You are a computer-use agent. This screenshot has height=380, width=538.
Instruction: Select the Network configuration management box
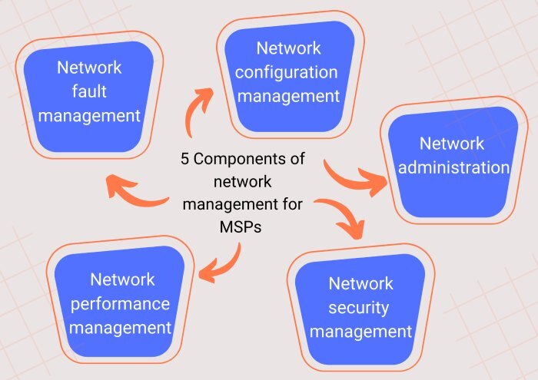[290, 75]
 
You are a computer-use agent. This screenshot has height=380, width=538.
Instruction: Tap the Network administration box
[453, 161]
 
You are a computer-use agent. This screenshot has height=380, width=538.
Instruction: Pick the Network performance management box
[120, 300]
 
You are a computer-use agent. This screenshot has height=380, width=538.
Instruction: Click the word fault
[89, 91]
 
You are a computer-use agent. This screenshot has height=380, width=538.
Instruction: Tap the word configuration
[287, 73]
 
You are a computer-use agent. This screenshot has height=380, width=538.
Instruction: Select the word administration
[453, 167]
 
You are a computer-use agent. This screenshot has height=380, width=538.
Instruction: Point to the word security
[359, 308]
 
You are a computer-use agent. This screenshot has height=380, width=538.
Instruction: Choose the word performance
[120, 304]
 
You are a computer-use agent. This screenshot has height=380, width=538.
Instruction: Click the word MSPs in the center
[241, 226]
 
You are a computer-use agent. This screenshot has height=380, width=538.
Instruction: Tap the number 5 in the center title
[185, 159]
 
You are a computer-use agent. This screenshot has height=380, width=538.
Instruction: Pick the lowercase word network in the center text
[243, 182]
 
